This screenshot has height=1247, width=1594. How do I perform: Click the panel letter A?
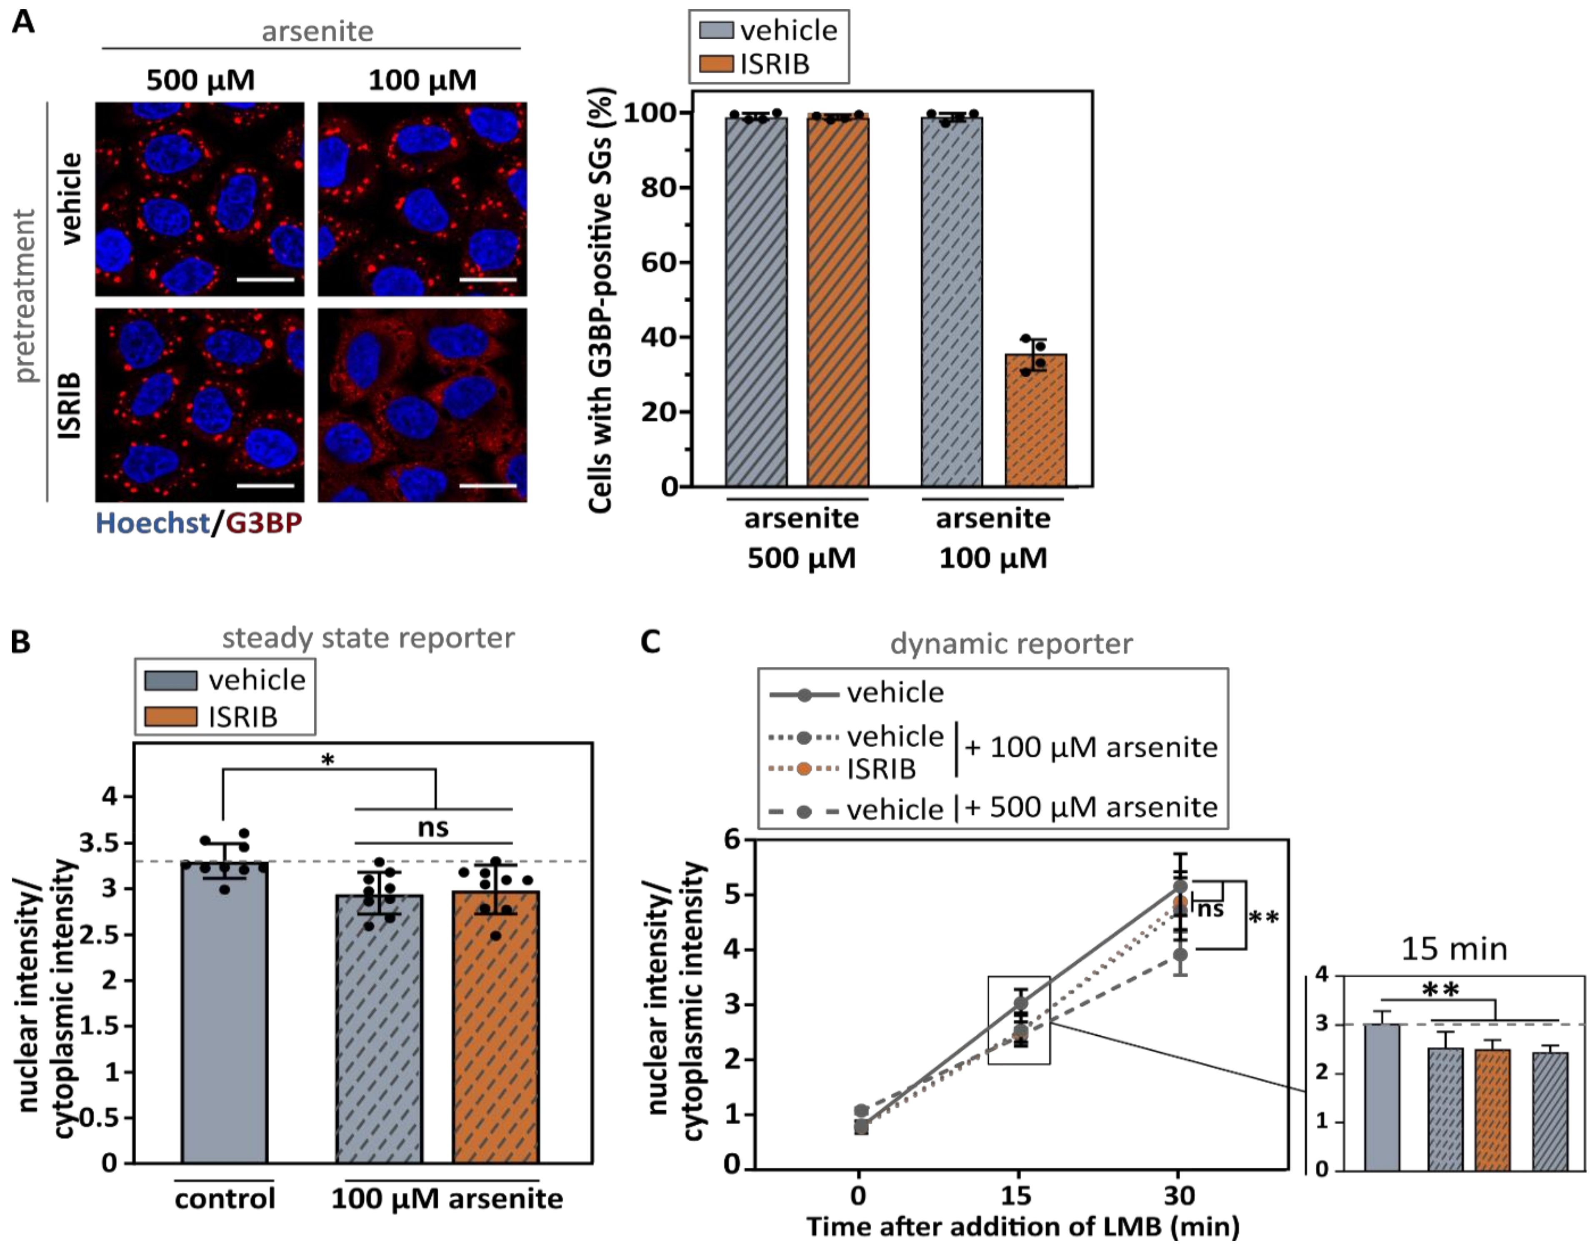click(x=23, y=22)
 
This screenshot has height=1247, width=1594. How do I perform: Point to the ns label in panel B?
click(x=433, y=828)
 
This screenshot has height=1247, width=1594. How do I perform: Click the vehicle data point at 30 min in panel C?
click(x=1179, y=886)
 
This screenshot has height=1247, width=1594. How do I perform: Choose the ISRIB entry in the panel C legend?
click(x=881, y=769)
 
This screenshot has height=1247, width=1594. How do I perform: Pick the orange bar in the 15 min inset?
click(x=1492, y=1110)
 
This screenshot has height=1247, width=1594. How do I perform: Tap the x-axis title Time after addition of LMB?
click(x=1022, y=1227)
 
